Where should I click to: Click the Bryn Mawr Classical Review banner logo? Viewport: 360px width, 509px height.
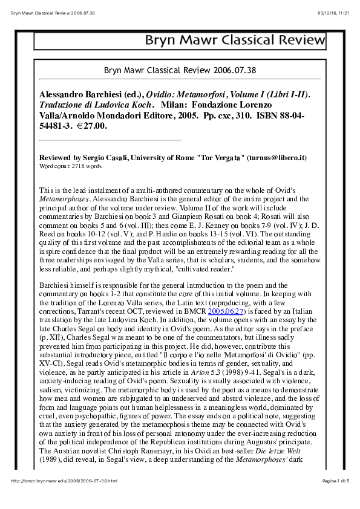click(234, 41)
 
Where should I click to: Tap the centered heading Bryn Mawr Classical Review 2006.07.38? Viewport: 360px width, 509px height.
click(180, 70)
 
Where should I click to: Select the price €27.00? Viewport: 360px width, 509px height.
click(91, 126)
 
